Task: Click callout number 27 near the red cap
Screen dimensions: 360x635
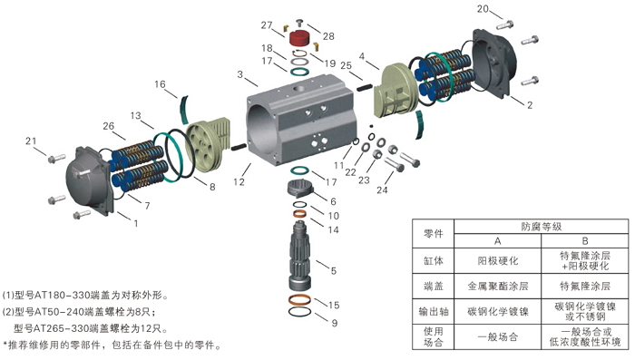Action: coord(267,24)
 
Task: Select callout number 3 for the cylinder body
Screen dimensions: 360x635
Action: coord(240,74)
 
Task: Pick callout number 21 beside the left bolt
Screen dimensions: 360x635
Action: coord(31,141)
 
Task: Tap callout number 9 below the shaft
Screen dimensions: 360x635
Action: coord(334,323)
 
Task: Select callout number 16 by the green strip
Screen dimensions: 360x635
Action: coord(160,84)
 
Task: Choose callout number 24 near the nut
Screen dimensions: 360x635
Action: coord(382,191)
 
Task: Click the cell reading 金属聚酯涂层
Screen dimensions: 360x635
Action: coord(497,285)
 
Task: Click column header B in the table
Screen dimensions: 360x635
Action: coord(585,240)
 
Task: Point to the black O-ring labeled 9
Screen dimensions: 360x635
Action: coord(303,312)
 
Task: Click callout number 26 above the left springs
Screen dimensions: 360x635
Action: coord(108,125)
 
